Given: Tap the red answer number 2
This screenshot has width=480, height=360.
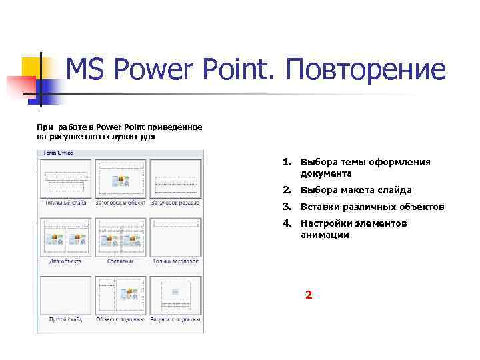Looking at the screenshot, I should [308, 294].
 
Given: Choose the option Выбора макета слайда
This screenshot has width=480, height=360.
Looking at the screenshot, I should [356, 190].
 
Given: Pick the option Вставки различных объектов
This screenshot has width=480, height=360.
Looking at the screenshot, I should [371, 207].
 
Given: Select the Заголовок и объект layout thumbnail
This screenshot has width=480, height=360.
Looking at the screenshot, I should [121, 177].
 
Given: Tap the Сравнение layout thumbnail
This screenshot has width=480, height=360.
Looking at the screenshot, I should [121, 236].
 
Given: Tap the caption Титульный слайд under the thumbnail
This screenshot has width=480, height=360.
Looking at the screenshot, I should [65, 202].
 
